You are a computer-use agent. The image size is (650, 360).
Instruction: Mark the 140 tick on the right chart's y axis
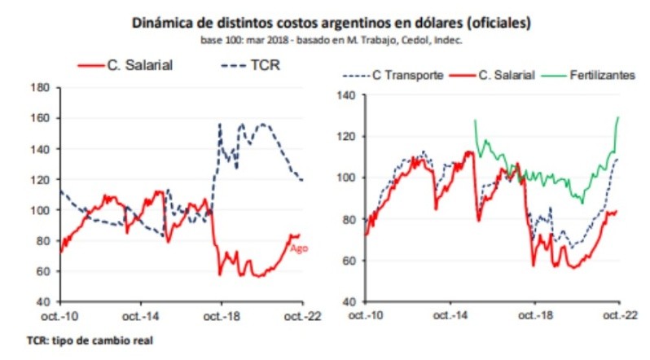click(347, 94)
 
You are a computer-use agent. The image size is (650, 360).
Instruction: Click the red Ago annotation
click(298, 248)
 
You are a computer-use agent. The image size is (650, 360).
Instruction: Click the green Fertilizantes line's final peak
click(619, 116)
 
